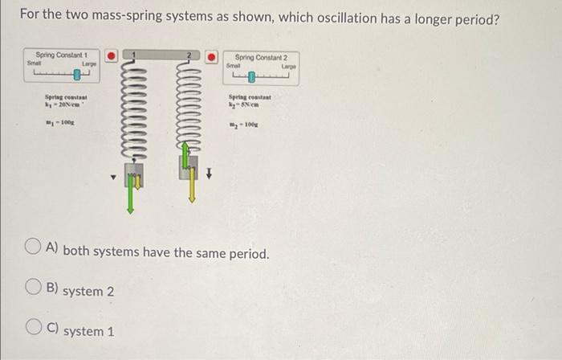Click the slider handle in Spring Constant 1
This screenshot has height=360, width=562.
(x=78, y=76)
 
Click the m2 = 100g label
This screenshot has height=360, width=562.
(x=243, y=125)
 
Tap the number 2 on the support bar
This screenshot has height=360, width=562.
(x=189, y=55)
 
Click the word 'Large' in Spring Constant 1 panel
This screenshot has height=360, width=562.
(x=89, y=62)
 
